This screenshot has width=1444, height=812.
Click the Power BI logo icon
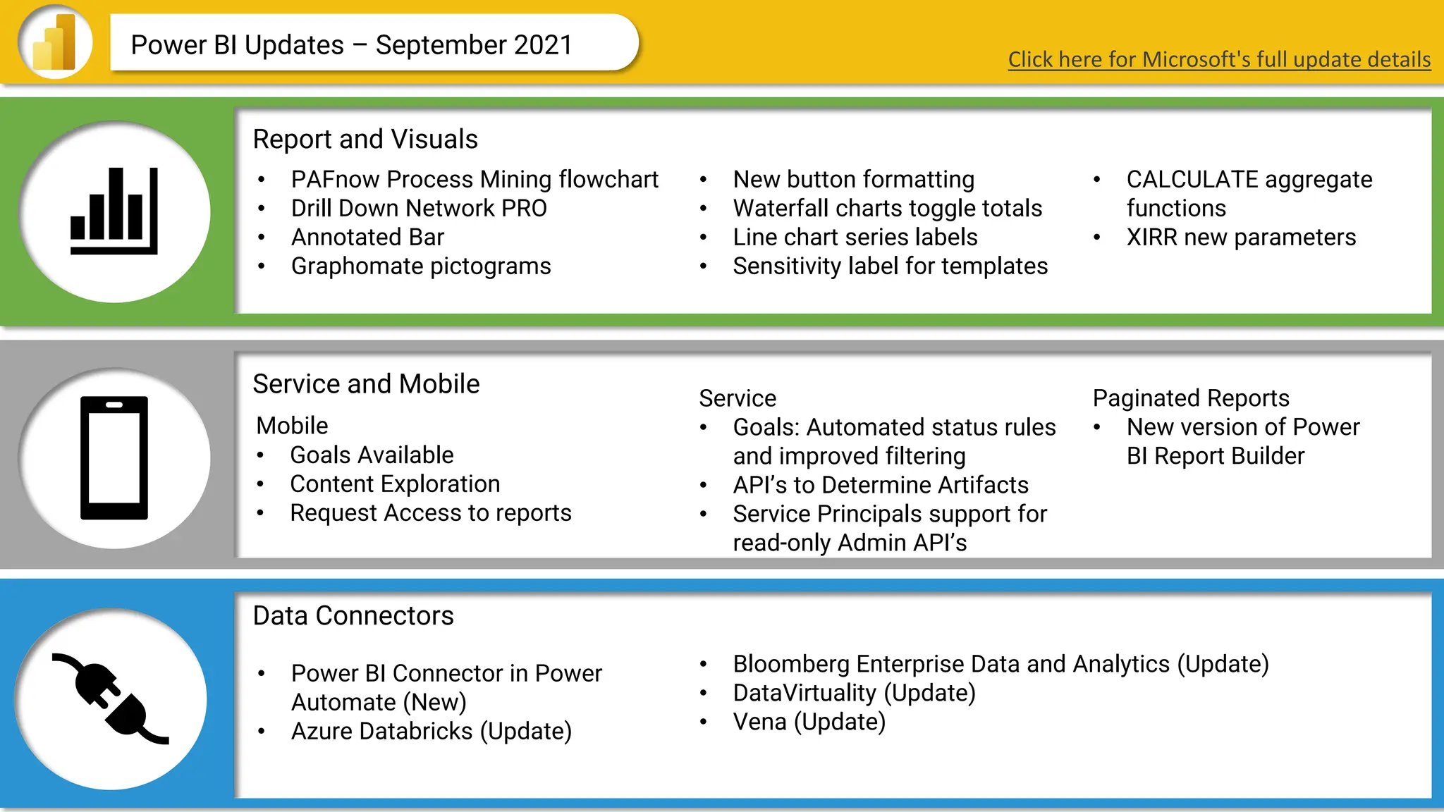pyautogui.click(x=55, y=42)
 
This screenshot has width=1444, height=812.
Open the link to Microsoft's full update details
pyautogui.click(x=1219, y=59)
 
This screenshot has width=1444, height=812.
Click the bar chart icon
pyautogui.click(x=114, y=211)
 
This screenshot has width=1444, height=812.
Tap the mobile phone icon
pyautogui.click(x=114, y=457)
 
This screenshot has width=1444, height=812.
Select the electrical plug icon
pyautogui.click(x=111, y=699)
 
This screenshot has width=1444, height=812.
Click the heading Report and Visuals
pyautogui.click(x=365, y=140)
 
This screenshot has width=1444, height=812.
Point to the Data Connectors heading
pyautogui.click(x=353, y=616)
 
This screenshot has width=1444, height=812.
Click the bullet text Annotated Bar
pyautogui.click(x=367, y=238)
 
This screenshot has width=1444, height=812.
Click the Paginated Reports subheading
pyautogui.click(x=1191, y=398)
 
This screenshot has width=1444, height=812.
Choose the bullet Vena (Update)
pyautogui.click(x=809, y=722)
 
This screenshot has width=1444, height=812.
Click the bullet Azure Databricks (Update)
pyautogui.click(x=431, y=732)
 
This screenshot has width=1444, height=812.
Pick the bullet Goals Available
pyautogui.click(x=372, y=455)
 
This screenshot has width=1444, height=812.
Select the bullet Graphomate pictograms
pyautogui.click(x=421, y=266)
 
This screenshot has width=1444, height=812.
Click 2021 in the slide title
pyautogui.click(x=543, y=45)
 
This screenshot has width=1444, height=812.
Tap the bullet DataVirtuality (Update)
pyautogui.click(x=854, y=693)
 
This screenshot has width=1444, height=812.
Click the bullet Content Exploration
pyautogui.click(x=395, y=484)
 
